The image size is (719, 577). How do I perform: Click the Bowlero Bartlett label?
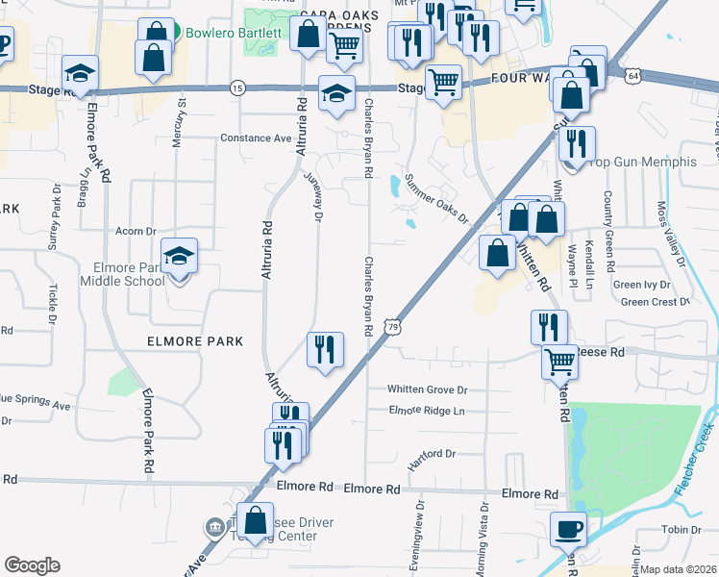[x=234, y=33]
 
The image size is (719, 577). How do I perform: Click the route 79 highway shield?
[x=390, y=328]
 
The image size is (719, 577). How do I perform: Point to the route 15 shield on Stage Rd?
[x=236, y=88]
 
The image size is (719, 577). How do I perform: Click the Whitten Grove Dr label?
[x=427, y=389]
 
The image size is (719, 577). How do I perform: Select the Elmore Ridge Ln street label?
[x=427, y=411]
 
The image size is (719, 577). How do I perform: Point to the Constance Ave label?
[x=256, y=138]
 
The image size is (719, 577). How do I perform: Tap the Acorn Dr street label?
[x=136, y=231]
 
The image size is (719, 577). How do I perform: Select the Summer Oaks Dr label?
[x=435, y=198]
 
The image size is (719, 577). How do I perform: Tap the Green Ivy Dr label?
[x=643, y=285]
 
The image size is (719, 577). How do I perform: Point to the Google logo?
[x=32, y=565]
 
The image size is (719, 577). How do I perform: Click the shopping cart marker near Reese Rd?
[x=559, y=363]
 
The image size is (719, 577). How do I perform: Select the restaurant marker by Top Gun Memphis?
[x=577, y=144]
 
